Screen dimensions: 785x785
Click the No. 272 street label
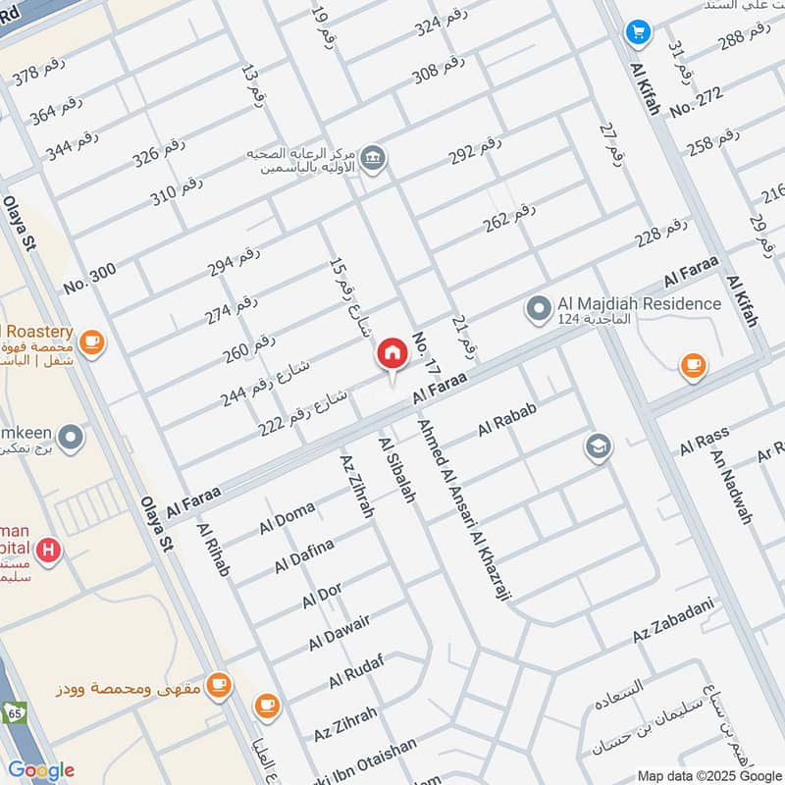(696, 102)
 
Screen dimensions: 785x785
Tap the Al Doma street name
(287, 518)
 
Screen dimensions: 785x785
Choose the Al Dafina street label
(304, 555)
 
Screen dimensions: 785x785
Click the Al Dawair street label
(340, 633)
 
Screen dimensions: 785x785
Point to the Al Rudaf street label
(355, 671)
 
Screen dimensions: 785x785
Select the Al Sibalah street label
(397, 470)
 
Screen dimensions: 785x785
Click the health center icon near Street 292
(373, 157)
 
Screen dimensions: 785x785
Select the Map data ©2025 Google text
(708, 775)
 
